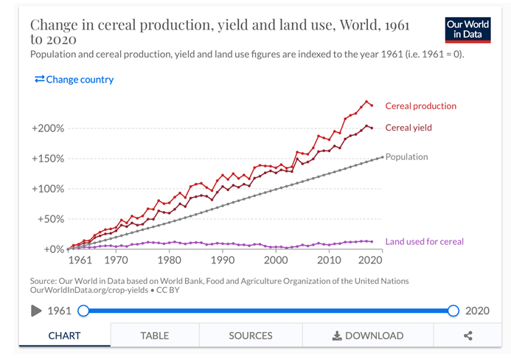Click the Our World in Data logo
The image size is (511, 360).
pyautogui.click(x=467, y=29)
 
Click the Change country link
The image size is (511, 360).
pyautogui.click(x=74, y=79)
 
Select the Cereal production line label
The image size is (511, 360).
pyautogui.click(x=420, y=106)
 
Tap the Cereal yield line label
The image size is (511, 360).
pyautogui.click(x=409, y=128)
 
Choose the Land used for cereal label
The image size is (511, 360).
pyautogui.click(x=424, y=241)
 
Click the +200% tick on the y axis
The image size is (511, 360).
pyautogui.click(x=48, y=128)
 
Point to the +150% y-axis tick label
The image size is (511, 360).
pyautogui.click(x=48, y=159)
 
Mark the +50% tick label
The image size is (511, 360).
pyautogui.click(x=50, y=219)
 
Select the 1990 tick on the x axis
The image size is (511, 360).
pyautogui.click(x=223, y=260)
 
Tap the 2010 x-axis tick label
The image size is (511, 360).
pyautogui.click(x=328, y=260)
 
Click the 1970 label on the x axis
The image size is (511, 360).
pyautogui.click(x=116, y=260)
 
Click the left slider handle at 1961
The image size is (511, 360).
pyautogui.click(x=83, y=311)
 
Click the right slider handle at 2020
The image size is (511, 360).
pyautogui.click(x=453, y=311)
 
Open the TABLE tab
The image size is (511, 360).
pyautogui.click(x=154, y=336)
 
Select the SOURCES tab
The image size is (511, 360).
pyautogui.click(x=250, y=336)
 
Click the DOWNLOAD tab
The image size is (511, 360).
pyautogui.click(x=368, y=336)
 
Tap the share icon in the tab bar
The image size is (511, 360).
pyautogui.click(x=467, y=336)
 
